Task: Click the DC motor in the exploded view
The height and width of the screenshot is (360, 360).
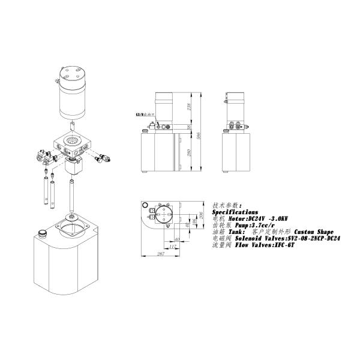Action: point(73,93)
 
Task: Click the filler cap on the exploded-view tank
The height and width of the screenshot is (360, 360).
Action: point(43,233)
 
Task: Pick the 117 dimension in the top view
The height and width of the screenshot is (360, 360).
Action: point(173,247)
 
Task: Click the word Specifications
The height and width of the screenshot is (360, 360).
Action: point(235,212)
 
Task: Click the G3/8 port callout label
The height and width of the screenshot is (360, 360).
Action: point(145,114)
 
